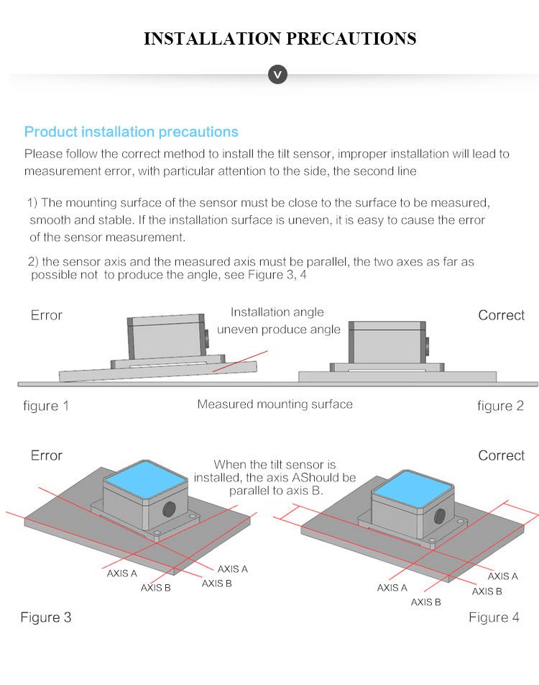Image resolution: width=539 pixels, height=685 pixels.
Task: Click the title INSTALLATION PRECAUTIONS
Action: (280, 38)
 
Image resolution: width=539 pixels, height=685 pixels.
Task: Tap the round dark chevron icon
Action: (277, 74)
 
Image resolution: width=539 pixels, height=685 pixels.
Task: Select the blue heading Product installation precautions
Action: (132, 132)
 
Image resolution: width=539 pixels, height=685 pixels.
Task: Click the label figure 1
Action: (46, 406)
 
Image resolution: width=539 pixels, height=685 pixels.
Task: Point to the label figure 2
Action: (500, 406)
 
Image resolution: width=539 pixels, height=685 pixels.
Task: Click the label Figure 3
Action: (46, 617)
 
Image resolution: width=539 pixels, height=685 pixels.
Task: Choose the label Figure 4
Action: (494, 617)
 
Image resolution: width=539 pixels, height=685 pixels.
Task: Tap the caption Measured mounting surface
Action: (275, 404)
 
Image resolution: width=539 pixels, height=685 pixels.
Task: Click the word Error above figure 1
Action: (46, 315)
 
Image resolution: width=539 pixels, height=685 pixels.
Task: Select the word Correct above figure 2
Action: (502, 315)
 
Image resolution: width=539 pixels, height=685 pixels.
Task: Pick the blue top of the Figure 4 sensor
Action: (413, 489)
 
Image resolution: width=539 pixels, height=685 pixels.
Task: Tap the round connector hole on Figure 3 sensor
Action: (169, 509)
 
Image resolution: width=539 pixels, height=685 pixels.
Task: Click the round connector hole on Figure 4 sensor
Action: (440, 517)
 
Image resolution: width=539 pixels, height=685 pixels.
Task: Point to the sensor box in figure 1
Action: (165, 337)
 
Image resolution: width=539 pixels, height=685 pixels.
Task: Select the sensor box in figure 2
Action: (387, 342)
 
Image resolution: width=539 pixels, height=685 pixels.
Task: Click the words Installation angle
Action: (277, 312)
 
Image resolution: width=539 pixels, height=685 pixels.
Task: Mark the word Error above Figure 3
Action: (46, 455)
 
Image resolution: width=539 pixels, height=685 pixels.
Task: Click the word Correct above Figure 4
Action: (502, 455)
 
